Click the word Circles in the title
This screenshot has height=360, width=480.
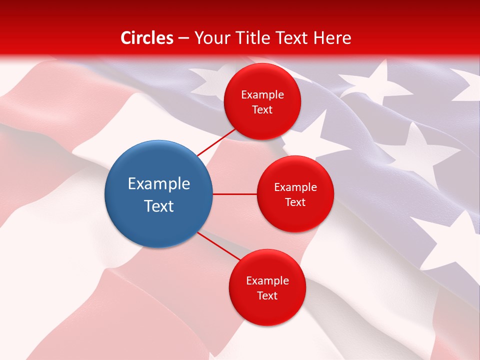147,38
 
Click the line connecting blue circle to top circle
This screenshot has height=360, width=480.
217,141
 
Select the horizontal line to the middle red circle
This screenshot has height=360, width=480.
234,194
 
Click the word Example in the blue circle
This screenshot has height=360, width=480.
159,184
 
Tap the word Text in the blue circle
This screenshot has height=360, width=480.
159,206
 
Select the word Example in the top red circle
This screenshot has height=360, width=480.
262,95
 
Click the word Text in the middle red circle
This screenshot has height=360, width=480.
295,202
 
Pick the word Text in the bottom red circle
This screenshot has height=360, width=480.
267,296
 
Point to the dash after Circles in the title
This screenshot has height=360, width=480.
183,38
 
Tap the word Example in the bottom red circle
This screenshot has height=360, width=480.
267,281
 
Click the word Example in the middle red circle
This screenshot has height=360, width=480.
295,187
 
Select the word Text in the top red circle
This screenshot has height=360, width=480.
262,110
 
